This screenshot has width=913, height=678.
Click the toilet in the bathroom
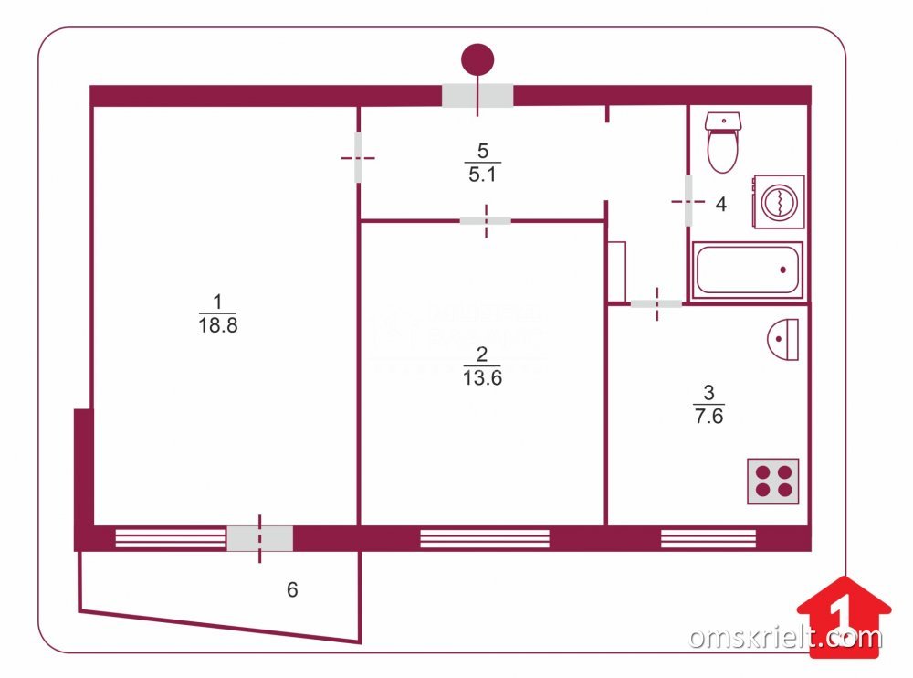pyautogui.click(x=723, y=143)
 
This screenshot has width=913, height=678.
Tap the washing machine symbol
pyautogui.click(x=777, y=202)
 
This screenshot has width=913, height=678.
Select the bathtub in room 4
pyautogui.click(x=748, y=270)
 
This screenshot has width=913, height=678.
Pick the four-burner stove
pyautogui.click(x=772, y=481)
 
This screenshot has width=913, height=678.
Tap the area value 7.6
pyautogui.click(x=708, y=417)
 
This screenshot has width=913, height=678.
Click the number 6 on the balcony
pyautogui.click(x=292, y=590)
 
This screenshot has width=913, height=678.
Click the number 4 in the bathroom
pyautogui.click(x=720, y=205)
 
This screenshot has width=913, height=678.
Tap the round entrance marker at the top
pyautogui.click(x=477, y=59)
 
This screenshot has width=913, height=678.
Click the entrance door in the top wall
pyautogui.click(x=477, y=95)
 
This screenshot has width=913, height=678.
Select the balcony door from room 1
pyautogui.click(x=259, y=538)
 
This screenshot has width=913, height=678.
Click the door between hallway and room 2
pyautogui.click(x=485, y=220)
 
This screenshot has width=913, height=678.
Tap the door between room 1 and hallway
pyautogui.click(x=358, y=157)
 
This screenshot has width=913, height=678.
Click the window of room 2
pyautogui.click(x=484, y=538)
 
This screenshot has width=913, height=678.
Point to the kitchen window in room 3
pyautogui.click(x=708, y=538)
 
